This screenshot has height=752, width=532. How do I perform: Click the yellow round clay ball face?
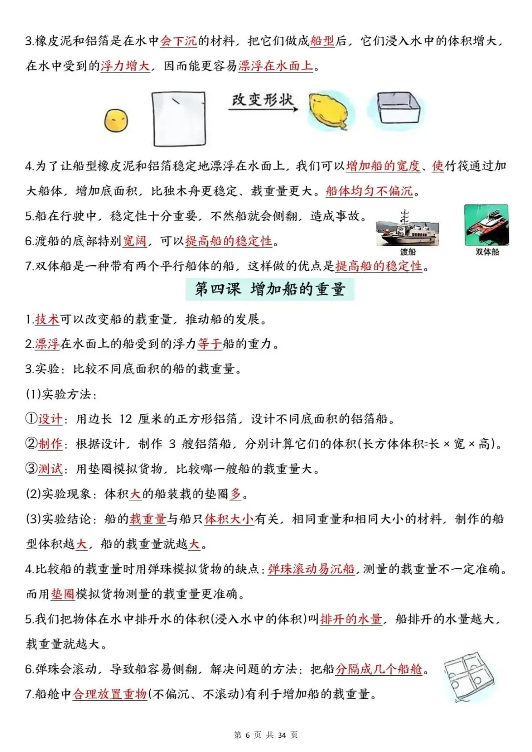(x=116, y=120)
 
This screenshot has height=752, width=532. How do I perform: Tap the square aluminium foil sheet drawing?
(x=179, y=119)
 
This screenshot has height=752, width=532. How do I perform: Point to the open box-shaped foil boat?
(x=399, y=109)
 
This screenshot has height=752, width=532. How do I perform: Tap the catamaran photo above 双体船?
(x=486, y=225)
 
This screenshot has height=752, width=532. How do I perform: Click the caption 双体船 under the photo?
(x=487, y=252)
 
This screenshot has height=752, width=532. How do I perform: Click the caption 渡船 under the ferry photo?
(x=407, y=252)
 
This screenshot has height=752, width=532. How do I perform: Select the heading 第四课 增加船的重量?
(x=270, y=289)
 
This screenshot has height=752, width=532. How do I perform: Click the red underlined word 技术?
(x=47, y=319)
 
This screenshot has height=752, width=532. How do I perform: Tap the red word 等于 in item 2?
(x=209, y=344)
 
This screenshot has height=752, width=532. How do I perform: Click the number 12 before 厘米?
(x=126, y=419)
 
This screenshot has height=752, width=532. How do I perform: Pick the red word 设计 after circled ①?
(x=50, y=419)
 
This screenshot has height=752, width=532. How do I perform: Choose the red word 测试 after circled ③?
(x=50, y=469)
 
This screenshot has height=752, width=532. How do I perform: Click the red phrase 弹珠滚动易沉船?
(x=311, y=569)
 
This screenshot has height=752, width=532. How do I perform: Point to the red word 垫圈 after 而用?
(x=63, y=594)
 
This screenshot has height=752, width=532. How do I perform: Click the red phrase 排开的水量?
(x=351, y=619)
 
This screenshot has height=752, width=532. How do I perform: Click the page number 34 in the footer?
(x=282, y=735)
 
